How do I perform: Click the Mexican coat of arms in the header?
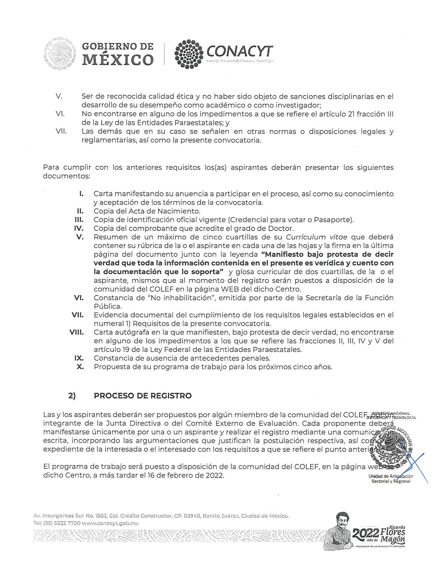pyautogui.click(x=60, y=54)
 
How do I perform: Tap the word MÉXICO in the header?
pyautogui.click(x=118, y=60)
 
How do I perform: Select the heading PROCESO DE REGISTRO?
pyautogui.click(x=143, y=396)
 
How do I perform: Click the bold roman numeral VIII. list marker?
pyautogui.click(x=76, y=332)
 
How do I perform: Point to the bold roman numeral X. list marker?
pyautogui.click(x=80, y=367)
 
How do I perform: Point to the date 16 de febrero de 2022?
pyautogui.click(x=186, y=475)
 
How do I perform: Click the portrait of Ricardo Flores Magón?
pyautogui.click(x=341, y=529)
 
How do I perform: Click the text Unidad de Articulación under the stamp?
pyautogui.click(x=391, y=476)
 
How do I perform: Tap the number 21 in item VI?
pyautogui.click(x=351, y=114)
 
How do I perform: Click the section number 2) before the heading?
pyautogui.click(x=72, y=396)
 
